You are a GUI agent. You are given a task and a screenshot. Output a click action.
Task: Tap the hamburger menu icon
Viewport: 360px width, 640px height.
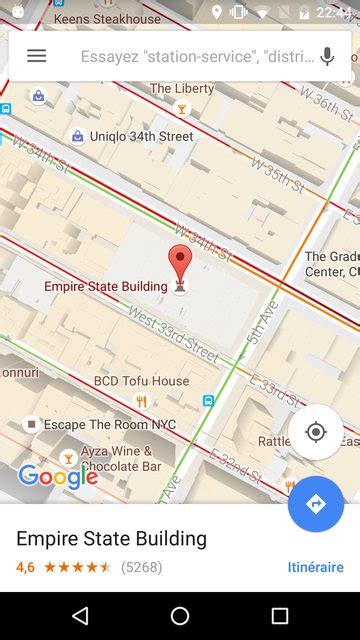[x=36, y=56]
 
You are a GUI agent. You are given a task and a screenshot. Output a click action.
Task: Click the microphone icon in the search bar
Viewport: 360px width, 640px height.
[x=327, y=56]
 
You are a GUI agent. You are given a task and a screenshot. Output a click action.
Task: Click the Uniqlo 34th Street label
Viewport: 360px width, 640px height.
[x=141, y=136]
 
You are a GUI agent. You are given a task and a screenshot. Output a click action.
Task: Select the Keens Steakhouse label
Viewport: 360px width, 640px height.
[x=107, y=19]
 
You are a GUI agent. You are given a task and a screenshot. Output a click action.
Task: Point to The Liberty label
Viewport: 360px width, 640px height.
[x=182, y=89]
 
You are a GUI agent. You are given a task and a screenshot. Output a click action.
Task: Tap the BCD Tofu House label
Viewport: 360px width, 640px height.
[x=141, y=381]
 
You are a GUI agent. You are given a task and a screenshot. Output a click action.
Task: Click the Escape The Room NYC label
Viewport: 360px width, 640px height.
[x=109, y=425]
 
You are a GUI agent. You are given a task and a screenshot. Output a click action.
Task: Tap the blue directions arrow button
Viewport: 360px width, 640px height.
[x=316, y=504]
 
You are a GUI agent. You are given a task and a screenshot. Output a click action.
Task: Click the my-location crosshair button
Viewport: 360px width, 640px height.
[x=316, y=432]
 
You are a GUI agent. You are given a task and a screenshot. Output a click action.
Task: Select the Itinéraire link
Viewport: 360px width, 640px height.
[x=315, y=567]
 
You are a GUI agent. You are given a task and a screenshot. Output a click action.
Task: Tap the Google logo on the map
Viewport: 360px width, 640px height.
[x=58, y=476]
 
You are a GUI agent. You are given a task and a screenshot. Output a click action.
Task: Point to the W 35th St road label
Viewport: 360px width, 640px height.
[x=277, y=173]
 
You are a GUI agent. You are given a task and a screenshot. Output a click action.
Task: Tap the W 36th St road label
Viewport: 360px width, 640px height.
[x=326, y=104]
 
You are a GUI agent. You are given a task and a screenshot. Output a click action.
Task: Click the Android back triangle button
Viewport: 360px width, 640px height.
[x=80, y=616]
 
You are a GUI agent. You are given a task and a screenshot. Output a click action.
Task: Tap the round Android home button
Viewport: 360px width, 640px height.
[x=180, y=616]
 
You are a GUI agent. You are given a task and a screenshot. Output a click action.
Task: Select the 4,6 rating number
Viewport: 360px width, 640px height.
[x=25, y=567]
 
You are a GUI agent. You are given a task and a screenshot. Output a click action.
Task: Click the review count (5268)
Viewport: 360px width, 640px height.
[x=141, y=567]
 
